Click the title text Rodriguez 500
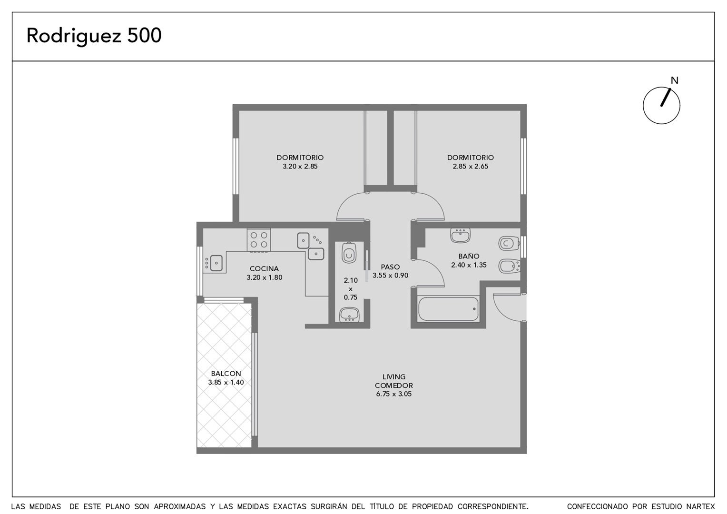pos(94,36)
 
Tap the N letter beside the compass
pos(674,80)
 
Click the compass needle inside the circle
pos(666,97)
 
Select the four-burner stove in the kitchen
pos(259,240)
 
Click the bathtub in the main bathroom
pos(448,309)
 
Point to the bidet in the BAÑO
pos(510,266)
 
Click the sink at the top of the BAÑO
pos(460,235)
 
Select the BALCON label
pos(226,374)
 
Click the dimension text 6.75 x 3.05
pos(393,394)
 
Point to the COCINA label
pos(264,269)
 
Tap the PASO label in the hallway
pos(390,267)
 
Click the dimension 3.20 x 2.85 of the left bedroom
pos(300,167)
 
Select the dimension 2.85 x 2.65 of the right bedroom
pos(470,167)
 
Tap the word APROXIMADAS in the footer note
pos(180,506)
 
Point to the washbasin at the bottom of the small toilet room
pos(349,315)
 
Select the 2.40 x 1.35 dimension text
pos(469,265)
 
